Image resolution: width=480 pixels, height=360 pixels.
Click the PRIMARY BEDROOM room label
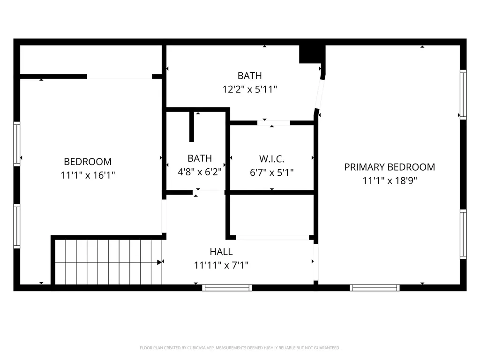(390, 167)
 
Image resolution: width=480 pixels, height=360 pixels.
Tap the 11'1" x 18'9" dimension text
(390, 180)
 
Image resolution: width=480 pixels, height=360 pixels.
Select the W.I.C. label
(271, 159)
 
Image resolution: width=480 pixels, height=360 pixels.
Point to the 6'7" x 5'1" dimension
(271, 172)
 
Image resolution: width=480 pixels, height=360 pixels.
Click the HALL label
(221, 252)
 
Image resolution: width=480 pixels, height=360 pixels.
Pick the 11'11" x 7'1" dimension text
(221, 265)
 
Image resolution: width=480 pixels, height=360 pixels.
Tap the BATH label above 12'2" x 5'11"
(249, 75)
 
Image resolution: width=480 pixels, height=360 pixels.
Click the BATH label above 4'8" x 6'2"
(200, 158)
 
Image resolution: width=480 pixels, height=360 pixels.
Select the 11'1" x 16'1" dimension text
(88, 175)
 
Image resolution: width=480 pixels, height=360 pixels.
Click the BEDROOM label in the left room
(88, 162)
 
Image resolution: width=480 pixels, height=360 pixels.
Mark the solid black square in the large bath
(312, 54)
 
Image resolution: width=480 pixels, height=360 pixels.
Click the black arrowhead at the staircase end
(159, 262)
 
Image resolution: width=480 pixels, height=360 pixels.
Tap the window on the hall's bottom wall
(227, 288)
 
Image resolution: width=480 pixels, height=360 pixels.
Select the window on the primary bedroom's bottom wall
(375, 288)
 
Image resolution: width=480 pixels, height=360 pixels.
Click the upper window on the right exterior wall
(464, 95)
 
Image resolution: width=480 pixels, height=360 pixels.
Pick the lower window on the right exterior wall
(464, 234)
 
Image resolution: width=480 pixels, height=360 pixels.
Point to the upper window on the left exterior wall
(17, 144)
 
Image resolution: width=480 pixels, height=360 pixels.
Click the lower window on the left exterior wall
(17, 226)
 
